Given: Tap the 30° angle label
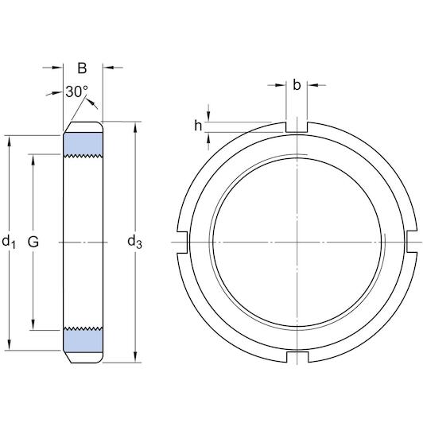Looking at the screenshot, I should point(76,92).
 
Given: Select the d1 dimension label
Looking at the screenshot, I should point(10,241).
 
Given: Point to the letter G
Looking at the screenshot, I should point(33,241).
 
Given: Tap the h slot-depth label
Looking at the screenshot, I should point(198,125).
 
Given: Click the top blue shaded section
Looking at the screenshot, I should point(83,144).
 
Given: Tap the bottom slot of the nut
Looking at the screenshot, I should point(297,355).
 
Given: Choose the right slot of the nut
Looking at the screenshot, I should point(412,241).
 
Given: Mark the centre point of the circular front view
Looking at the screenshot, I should point(297,241).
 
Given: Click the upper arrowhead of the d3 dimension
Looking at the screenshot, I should point(134,126).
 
